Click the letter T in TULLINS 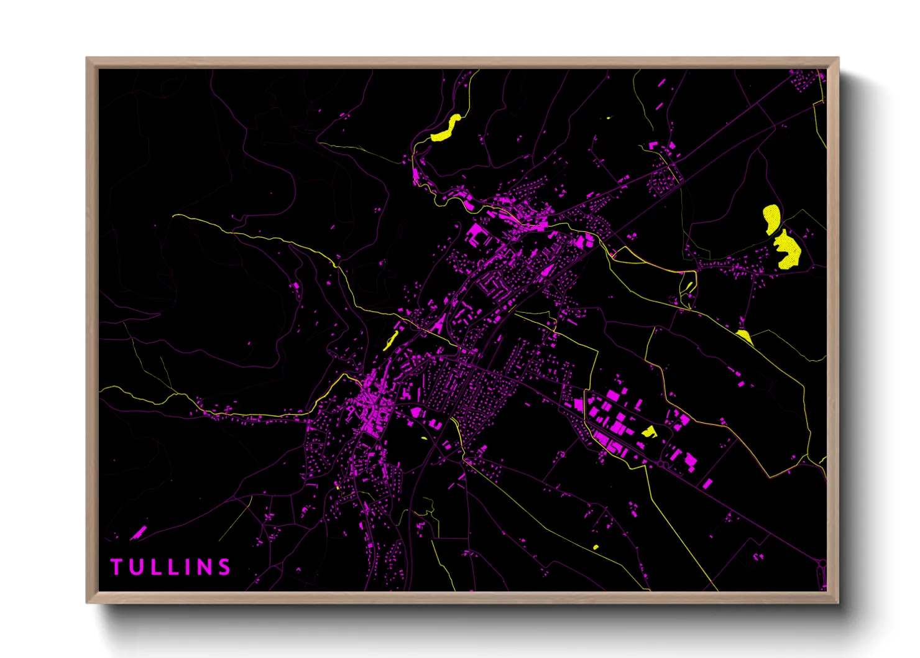pyautogui.click(x=116, y=567)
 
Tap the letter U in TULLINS pyautogui.click(x=136, y=567)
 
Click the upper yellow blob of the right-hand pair pyautogui.click(x=771, y=219)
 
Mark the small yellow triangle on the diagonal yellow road pyautogui.click(x=744, y=336)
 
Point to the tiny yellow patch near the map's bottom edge pyautogui.click(x=596, y=547)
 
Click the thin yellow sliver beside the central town pyautogui.click(x=391, y=340)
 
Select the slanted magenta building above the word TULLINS pyautogui.click(x=139, y=532)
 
